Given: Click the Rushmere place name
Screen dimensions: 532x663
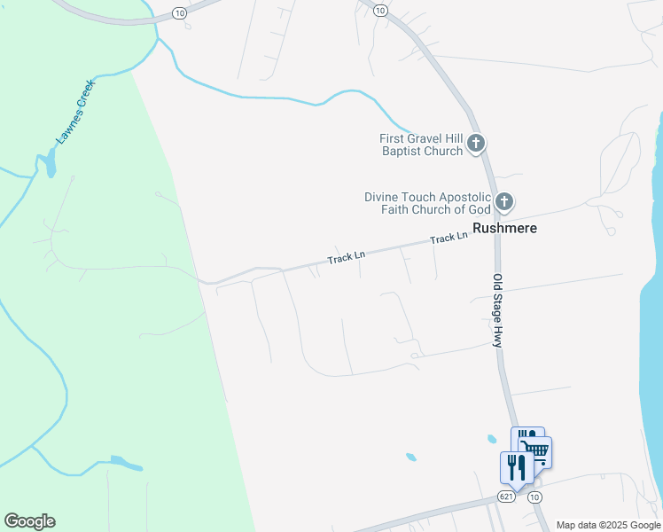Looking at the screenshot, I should (505, 228).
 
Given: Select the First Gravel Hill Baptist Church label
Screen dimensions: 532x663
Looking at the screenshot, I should (421, 145).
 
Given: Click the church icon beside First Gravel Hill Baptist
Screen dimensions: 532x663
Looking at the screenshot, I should (476, 142).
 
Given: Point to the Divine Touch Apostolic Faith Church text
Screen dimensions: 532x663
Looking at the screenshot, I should (427, 203).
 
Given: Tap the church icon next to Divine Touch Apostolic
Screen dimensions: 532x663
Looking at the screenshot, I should (503, 201).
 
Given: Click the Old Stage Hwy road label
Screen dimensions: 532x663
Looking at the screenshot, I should (498, 309).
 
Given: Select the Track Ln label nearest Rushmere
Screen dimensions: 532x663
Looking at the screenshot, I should (448, 239).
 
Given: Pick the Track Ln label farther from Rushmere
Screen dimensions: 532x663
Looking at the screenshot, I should (346, 258).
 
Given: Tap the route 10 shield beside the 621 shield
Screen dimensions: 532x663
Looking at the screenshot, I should (534, 497).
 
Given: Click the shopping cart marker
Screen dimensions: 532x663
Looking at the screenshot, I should (536, 452).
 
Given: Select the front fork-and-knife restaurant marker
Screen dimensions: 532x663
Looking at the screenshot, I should (517, 467).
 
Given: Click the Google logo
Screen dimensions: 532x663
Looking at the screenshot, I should (29, 521).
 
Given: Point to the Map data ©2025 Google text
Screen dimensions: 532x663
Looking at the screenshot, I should (609, 525).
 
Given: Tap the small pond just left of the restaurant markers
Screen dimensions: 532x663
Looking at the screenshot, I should (491, 438).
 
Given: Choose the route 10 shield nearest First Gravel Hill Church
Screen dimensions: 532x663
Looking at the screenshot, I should (380, 10).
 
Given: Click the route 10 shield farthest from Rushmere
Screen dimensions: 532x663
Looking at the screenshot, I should (180, 12).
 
